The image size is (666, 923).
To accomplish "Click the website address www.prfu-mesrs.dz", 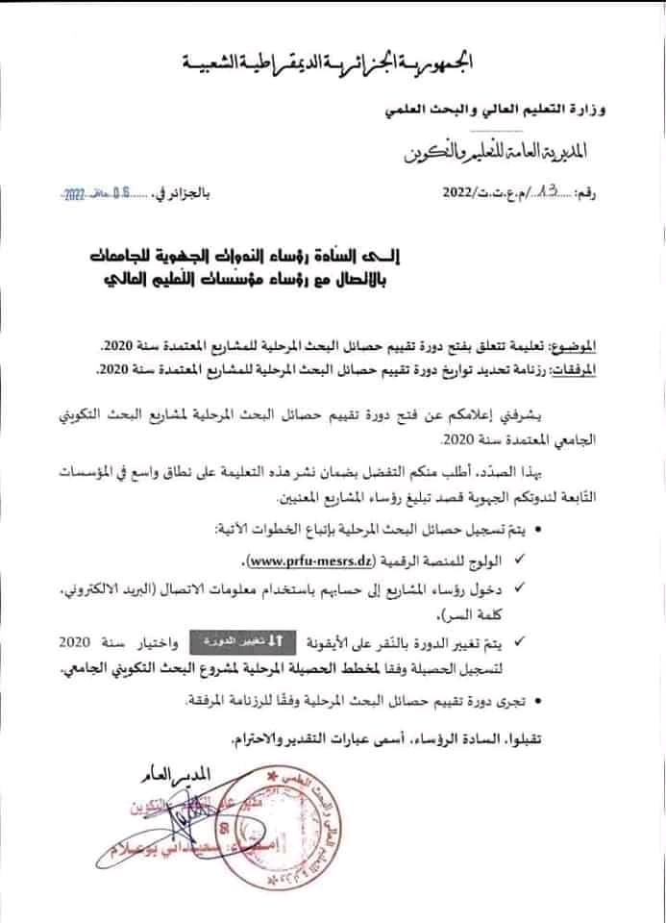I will (x=297, y=560).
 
